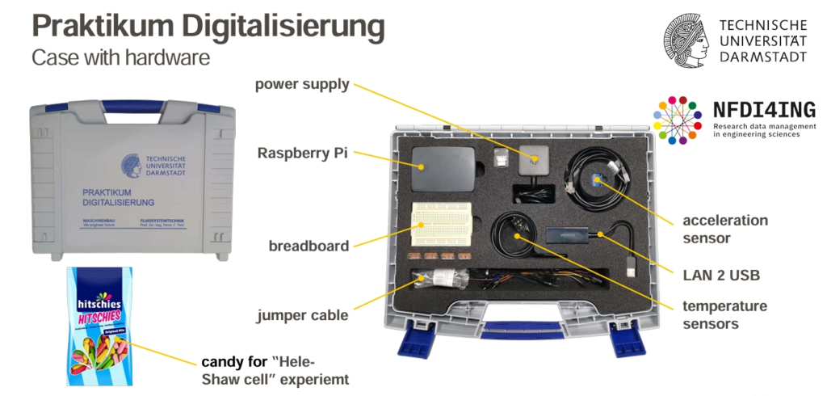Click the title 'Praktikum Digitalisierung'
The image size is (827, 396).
click(x=208, y=26)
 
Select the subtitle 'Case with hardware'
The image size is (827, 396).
click(x=120, y=58)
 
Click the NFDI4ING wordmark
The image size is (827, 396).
click(x=764, y=111)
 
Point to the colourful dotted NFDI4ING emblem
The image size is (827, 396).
click(x=677, y=120)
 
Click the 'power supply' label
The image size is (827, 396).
click(x=302, y=84)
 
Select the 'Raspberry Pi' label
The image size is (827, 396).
click(x=303, y=153)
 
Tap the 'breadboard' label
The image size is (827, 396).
click(x=309, y=246)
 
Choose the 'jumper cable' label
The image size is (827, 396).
click(x=302, y=315)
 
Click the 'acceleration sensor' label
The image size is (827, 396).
click(x=725, y=229)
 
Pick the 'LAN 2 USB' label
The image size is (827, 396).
click(x=721, y=276)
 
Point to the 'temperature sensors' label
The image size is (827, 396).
click(x=724, y=315)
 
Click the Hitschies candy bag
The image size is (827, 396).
click(x=98, y=326)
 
